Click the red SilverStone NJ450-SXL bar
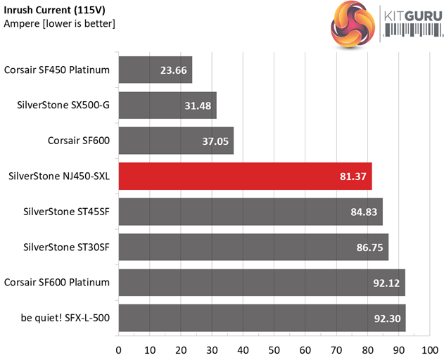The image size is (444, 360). tap(245, 176)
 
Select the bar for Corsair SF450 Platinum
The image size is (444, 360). tap(156, 70)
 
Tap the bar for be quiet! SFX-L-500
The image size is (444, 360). tap(262, 318)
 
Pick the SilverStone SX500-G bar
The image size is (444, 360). tap(167, 105)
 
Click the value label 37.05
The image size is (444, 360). tap(214, 141)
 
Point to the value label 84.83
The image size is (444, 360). tap(363, 212)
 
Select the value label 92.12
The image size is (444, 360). tap(386, 283)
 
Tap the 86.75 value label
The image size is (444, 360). tap(369, 247)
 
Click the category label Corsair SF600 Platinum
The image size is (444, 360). tap(57, 283)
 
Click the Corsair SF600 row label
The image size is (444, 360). tap(78, 141)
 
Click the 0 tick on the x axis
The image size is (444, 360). tap(119, 349)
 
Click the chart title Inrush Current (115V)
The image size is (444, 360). tap(51, 9)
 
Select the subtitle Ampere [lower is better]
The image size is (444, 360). tap(60, 23)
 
